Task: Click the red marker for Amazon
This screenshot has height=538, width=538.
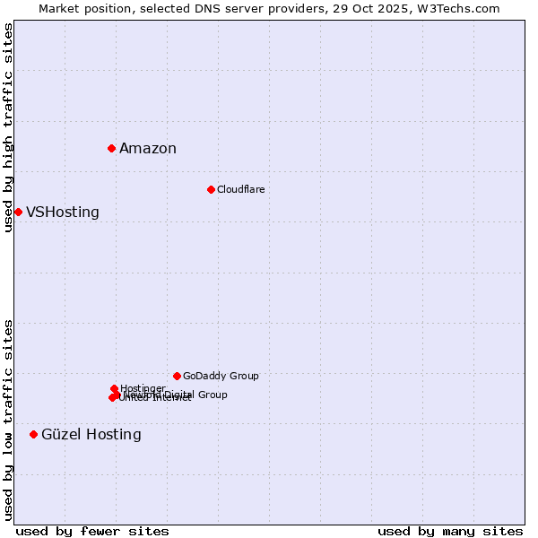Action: (x=111, y=148)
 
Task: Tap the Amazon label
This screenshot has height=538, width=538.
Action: (x=148, y=149)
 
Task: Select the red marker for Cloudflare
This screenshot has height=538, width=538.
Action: (x=211, y=189)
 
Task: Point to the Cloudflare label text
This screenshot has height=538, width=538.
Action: (x=240, y=189)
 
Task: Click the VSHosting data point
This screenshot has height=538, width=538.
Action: (x=18, y=212)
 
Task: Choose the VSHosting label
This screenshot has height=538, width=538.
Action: (x=63, y=213)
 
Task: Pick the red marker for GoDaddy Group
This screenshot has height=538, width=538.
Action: (x=177, y=376)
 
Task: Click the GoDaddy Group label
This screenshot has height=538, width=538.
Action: (x=221, y=376)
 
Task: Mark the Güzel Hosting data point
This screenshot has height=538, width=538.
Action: (x=33, y=434)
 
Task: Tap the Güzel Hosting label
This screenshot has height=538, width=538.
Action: (x=91, y=435)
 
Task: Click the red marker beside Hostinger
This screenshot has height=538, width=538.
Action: (x=114, y=388)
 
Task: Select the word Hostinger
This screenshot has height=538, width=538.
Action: (x=143, y=388)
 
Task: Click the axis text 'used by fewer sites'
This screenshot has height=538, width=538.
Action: (x=92, y=531)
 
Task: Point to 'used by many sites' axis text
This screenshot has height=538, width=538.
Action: (x=450, y=531)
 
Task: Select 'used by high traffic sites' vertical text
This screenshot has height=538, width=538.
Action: (x=8, y=127)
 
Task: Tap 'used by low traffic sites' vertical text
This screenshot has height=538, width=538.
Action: (x=8, y=419)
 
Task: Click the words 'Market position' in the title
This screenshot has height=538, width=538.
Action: (x=86, y=8)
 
